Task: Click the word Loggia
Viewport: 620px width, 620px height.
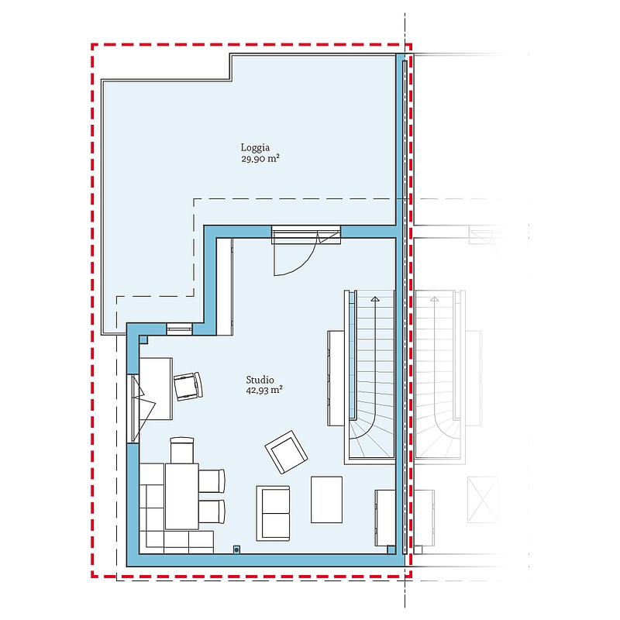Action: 255,148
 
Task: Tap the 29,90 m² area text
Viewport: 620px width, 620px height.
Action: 260,159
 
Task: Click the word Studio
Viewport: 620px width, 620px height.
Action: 260,380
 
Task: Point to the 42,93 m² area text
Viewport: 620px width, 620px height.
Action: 264,391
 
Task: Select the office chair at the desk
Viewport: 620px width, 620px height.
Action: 188,386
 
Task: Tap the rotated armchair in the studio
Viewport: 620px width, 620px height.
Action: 286,452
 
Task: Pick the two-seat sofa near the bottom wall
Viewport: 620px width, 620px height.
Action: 273,513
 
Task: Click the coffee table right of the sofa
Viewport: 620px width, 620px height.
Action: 326,499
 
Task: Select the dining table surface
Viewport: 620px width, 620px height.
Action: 182,496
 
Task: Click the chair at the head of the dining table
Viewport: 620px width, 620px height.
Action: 182,450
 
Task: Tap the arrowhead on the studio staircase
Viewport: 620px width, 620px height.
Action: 375,299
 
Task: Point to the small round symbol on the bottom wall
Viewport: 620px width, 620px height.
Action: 236,549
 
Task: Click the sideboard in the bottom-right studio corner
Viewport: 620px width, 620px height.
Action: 385,518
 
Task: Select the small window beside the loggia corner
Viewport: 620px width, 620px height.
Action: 179,329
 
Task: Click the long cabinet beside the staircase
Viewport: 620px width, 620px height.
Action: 336,378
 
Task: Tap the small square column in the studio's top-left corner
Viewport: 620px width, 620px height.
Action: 143,339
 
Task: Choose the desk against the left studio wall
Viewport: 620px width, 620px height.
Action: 156,389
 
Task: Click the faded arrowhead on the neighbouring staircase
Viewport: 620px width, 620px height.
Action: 434,299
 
